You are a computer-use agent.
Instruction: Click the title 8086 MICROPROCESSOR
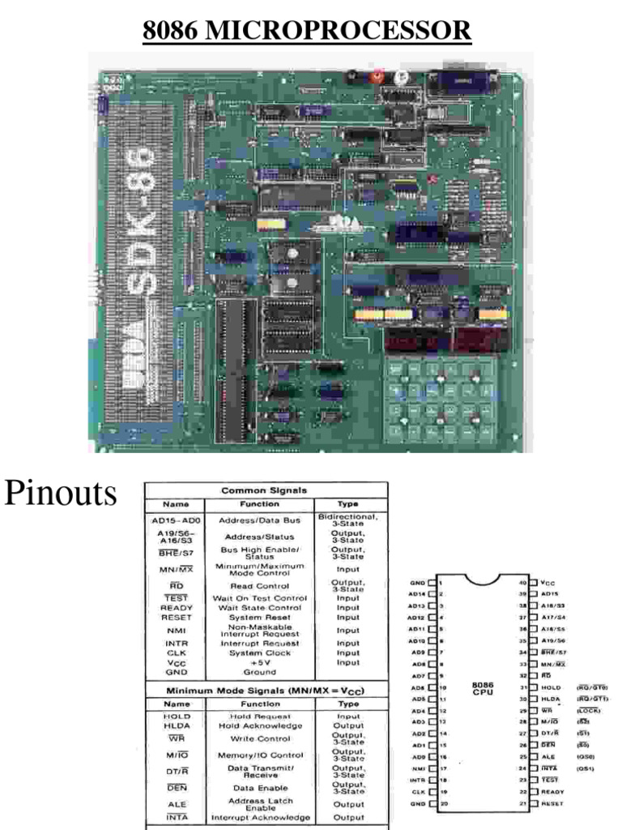point(307,31)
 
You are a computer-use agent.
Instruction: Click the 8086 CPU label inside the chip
point(482,688)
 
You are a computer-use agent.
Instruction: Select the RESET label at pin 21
point(552,802)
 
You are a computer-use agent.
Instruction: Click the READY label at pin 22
point(552,791)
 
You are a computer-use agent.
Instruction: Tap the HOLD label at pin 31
point(551,687)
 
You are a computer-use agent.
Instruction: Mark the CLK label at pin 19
point(417,791)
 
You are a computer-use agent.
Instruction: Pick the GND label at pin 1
point(417,582)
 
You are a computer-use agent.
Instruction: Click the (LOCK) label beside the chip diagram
point(588,709)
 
